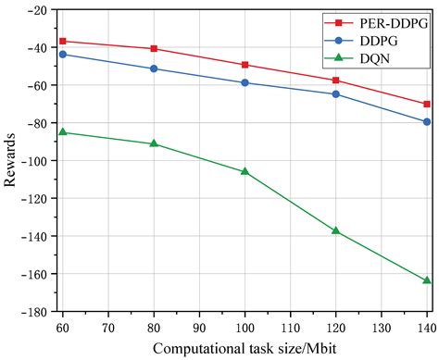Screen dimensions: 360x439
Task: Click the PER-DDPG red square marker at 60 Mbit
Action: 62,42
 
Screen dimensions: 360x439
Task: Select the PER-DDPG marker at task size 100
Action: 245,65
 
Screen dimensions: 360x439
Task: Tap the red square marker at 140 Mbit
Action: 427,104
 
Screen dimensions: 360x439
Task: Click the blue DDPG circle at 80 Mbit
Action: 154,68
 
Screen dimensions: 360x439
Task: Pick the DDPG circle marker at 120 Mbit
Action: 336,94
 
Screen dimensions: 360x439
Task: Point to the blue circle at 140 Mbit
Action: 427,122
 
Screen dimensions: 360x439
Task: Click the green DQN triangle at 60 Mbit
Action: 62,132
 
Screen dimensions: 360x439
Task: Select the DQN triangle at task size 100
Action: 245,171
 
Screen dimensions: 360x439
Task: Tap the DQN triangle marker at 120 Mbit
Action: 336,230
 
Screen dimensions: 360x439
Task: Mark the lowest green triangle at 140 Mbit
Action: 427,280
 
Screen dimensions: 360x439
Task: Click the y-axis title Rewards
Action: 10,161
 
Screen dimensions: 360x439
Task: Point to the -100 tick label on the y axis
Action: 33,161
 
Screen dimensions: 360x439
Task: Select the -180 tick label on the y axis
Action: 33,312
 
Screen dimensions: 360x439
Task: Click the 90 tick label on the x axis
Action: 199,327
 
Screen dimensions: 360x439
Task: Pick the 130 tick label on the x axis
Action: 381,327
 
